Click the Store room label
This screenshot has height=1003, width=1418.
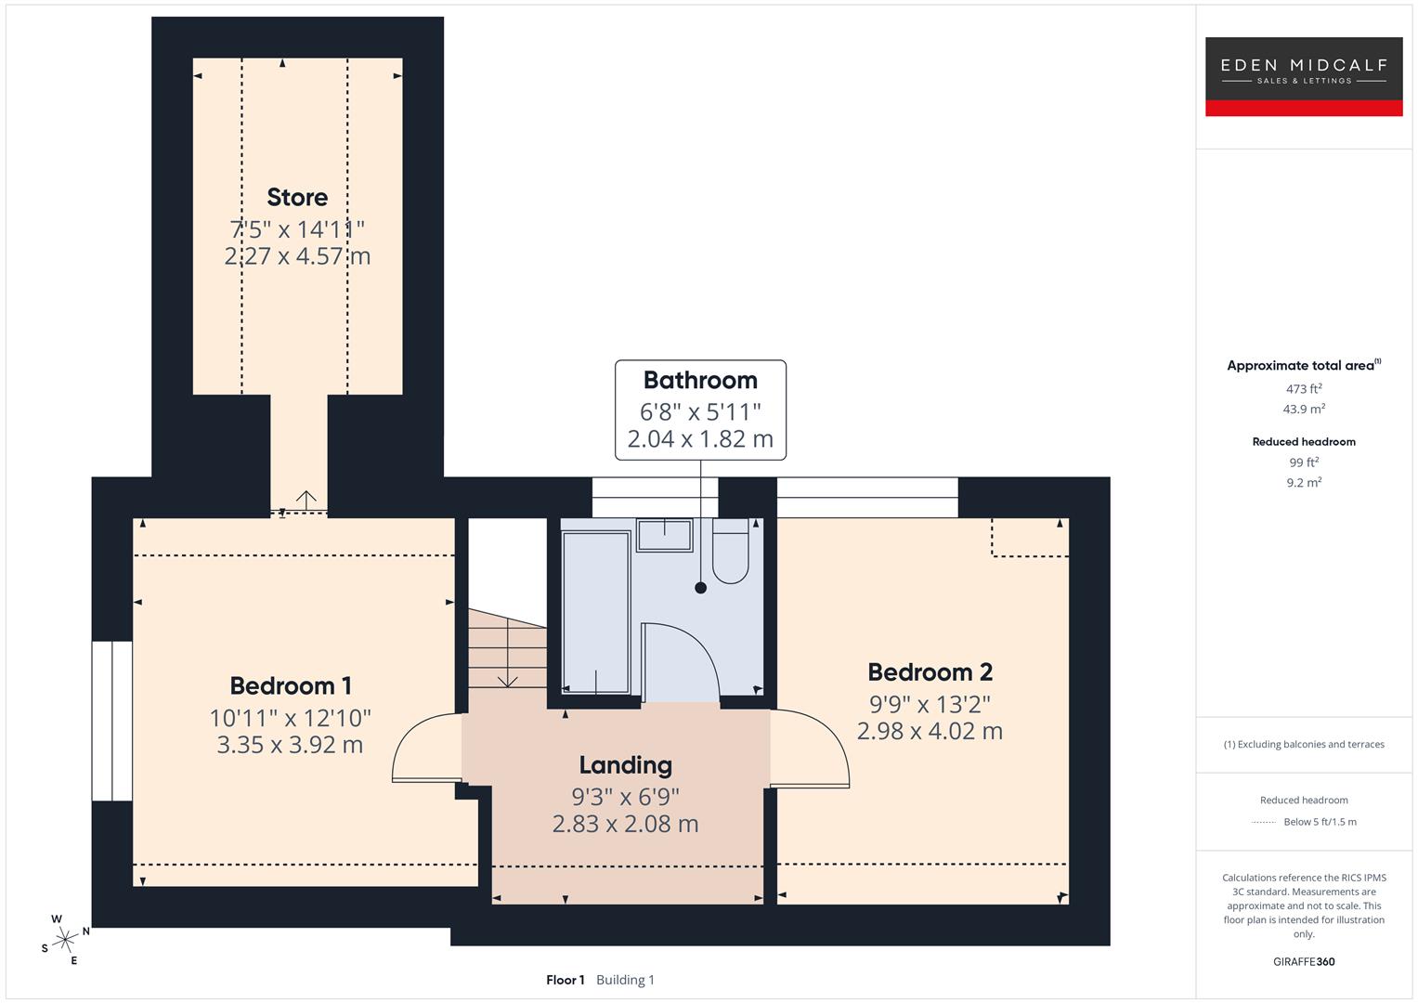click(297, 197)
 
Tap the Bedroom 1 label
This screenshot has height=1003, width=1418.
click(291, 685)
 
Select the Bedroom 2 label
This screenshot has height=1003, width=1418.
click(930, 671)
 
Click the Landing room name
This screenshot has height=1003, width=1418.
click(625, 764)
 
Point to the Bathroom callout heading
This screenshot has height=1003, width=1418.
click(700, 380)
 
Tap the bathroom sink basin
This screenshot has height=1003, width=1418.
click(664, 535)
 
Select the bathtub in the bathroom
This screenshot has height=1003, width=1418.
click(596, 613)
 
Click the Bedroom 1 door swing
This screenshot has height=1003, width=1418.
click(423, 749)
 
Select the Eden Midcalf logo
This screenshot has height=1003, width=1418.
click(1303, 76)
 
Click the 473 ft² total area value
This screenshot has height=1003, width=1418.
click(1304, 389)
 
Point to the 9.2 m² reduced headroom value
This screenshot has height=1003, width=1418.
click(1304, 482)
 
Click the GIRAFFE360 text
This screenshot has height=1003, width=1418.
click(1304, 961)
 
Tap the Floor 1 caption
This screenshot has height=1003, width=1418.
click(565, 980)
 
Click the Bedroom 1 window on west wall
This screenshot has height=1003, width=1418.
click(112, 721)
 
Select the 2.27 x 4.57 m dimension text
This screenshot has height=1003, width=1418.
click(297, 255)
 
